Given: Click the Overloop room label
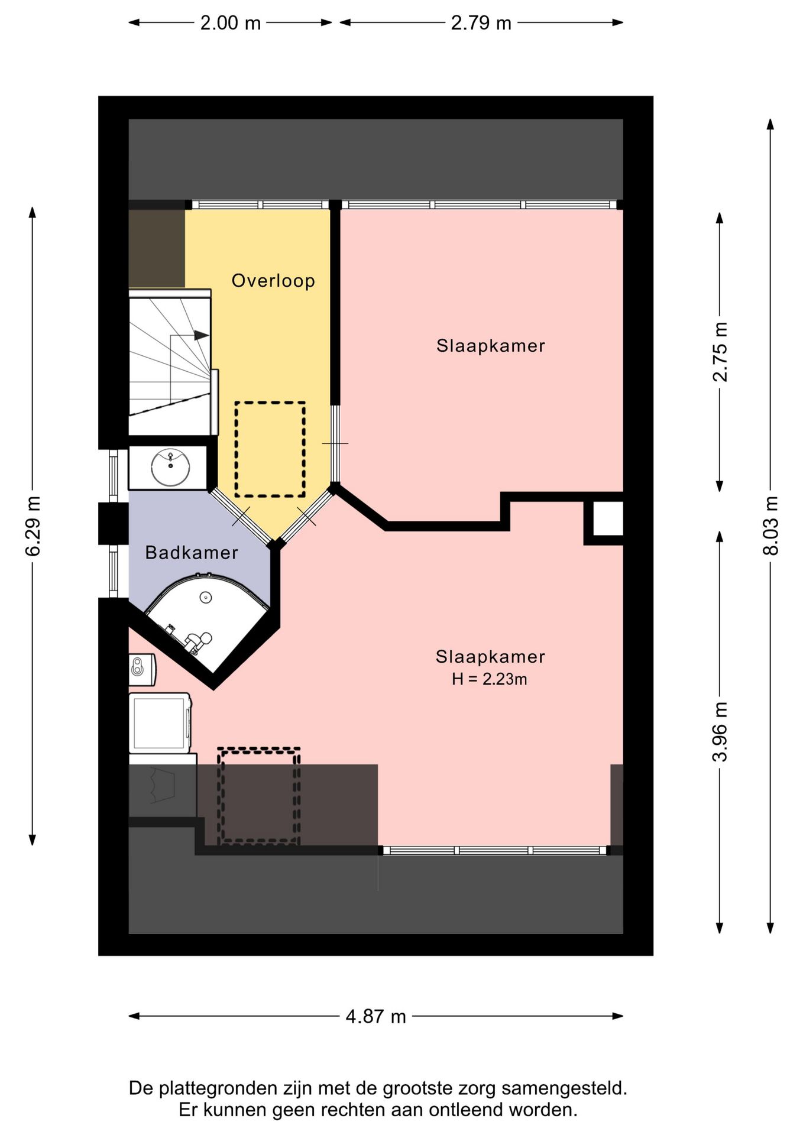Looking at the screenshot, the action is coord(273,281).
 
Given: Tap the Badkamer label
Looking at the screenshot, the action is coord(192,553).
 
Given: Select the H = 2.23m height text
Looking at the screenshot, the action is coord(489,679).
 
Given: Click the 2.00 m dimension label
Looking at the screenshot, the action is coord(230,23).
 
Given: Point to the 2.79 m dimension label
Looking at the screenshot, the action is coord(481,23).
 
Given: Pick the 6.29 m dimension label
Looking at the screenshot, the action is coord(33,526).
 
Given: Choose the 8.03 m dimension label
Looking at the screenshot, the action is coord(770,525).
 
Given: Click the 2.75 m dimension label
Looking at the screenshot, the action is coord(720,352).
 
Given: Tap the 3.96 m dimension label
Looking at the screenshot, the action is coord(720,732).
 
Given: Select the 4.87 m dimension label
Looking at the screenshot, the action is coord(376,1016).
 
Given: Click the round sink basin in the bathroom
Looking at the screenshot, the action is coord(170,467).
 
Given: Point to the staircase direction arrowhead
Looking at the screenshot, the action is coord(202,335).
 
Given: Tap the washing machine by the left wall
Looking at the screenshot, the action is coord(160,723).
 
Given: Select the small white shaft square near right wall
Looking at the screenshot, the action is coord(608,518).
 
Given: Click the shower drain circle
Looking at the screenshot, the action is coord(205,597).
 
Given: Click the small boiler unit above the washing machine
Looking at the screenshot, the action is coord(142,669).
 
